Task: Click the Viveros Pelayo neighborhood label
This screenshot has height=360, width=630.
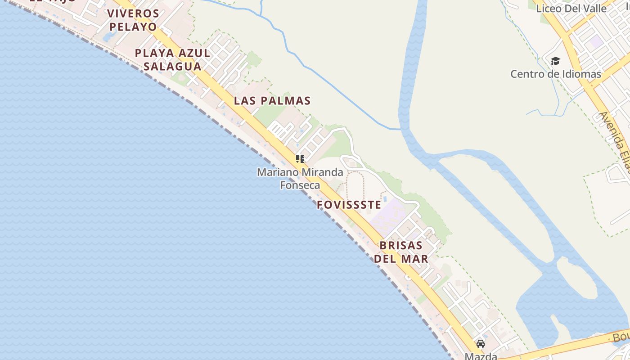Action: tap(133, 20)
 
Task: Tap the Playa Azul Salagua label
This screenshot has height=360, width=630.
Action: tap(172, 59)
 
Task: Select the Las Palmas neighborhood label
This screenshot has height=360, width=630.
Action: tap(272, 100)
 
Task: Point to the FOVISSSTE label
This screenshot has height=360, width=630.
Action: tap(349, 205)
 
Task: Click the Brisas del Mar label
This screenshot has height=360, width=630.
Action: tap(401, 252)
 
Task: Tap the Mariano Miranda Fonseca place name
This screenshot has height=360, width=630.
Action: tap(300, 178)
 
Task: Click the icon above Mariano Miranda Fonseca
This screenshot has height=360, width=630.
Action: tap(300, 158)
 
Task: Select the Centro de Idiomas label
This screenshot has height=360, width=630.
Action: tap(555, 74)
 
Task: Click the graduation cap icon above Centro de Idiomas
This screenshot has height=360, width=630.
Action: tap(555, 61)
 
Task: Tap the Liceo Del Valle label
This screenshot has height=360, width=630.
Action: tap(571, 8)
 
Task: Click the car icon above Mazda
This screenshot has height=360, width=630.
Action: tap(481, 344)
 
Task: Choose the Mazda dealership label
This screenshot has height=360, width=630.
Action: tap(481, 356)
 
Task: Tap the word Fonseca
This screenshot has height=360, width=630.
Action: tap(300, 185)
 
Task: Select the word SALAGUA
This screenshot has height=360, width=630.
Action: tap(172, 66)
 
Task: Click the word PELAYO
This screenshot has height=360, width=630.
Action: tap(133, 27)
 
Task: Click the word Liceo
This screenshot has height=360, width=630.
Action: tap(548, 8)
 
